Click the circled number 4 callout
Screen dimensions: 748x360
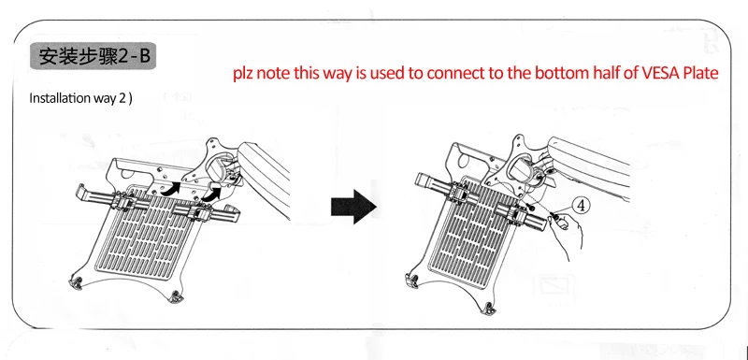[581, 206]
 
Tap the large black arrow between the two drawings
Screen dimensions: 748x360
[353, 206]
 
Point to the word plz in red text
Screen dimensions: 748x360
[244, 75]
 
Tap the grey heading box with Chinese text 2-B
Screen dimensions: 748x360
[93, 56]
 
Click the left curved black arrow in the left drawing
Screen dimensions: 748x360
[171, 188]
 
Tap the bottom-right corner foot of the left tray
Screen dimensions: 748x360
[176, 297]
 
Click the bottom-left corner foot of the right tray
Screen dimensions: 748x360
[412, 280]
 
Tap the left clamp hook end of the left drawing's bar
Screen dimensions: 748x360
[83, 193]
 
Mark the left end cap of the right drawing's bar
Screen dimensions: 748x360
[424, 181]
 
